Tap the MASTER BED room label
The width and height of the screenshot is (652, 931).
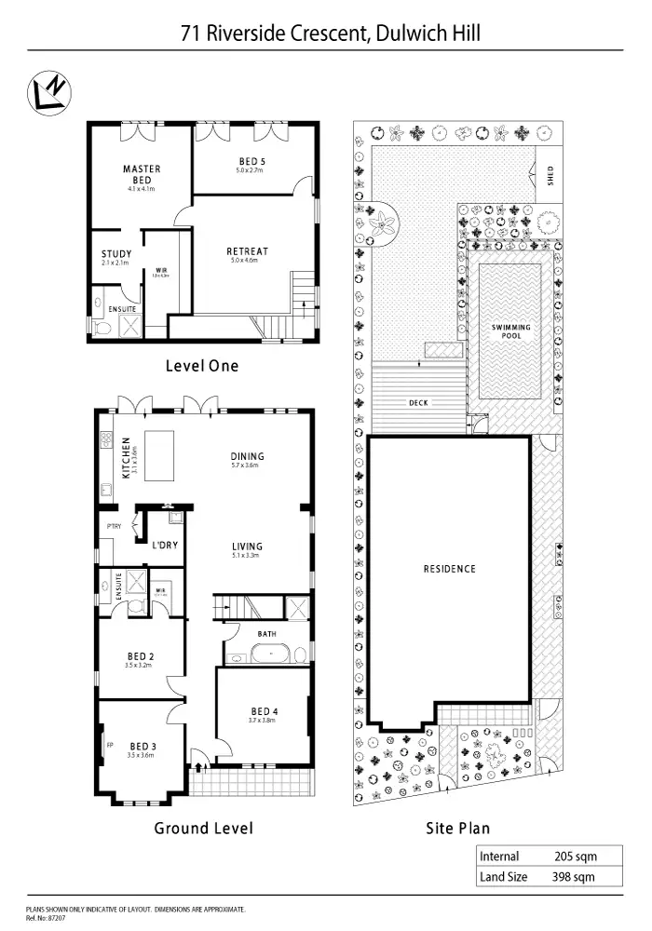point(142,174)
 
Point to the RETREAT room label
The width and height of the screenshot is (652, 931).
point(247,251)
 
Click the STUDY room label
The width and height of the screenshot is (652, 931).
point(116,254)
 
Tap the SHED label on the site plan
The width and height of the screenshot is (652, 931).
point(550,177)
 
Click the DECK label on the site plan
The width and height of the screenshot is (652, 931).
point(418,403)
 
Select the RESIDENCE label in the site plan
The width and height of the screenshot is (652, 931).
point(449,569)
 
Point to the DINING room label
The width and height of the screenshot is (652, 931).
point(248,456)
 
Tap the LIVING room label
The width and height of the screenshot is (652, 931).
point(248,546)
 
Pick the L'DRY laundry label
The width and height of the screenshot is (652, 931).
point(164,545)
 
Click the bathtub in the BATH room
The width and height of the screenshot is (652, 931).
point(269,654)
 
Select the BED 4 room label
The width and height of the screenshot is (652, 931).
point(265,712)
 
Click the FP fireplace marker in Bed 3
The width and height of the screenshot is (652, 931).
point(109,745)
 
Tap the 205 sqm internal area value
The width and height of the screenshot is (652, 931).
point(574,857)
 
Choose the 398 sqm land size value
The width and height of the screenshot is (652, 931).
point(574,876)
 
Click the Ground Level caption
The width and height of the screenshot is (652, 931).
point(203,828)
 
